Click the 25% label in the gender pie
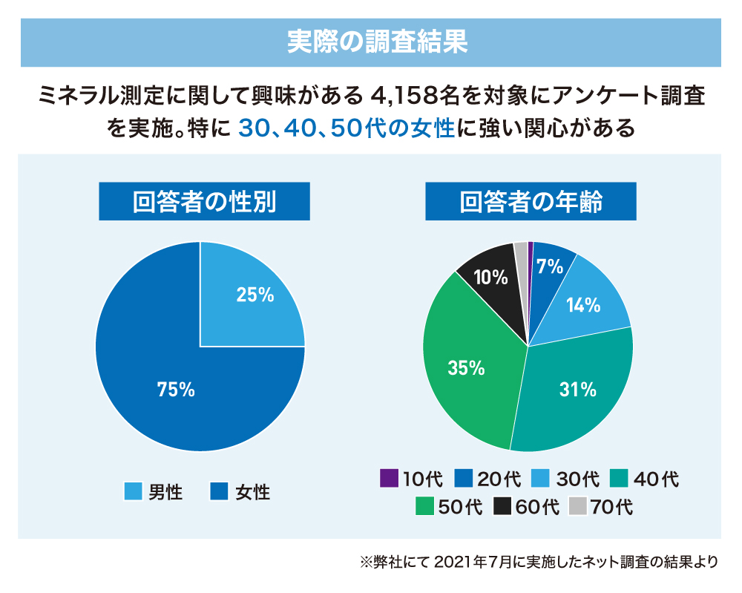[255, 295]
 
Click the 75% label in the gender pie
[176, 388]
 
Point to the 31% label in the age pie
[579, 388]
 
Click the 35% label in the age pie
[466, 367]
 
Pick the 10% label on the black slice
[490, 278]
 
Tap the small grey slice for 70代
[522, 254]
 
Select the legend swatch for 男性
[133, 492]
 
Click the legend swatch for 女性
[219, 492]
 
